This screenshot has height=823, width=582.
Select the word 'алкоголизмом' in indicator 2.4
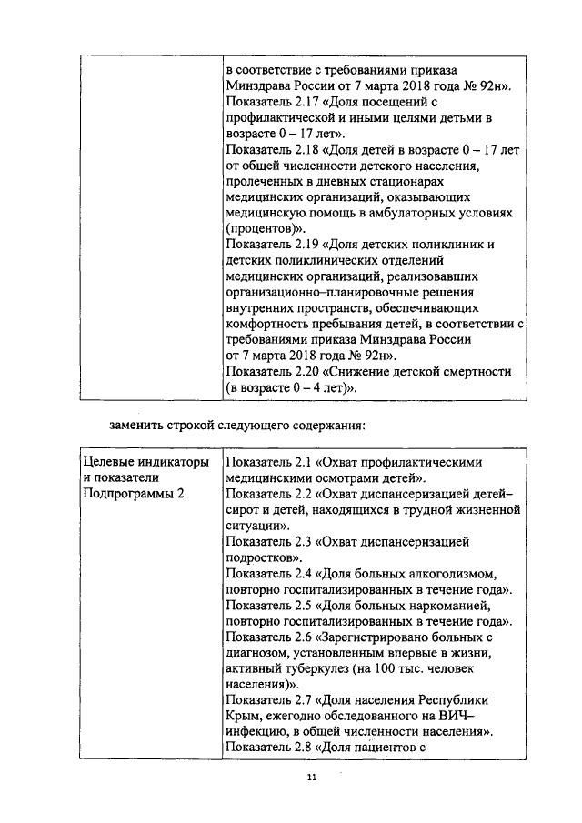pyautogui.click(x=450, y=575)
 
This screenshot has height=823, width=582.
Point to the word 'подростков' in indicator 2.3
pyautogui.click(x=262, y=557)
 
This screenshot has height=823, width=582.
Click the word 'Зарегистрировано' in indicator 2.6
pyautogui.click(x=386, y=638)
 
